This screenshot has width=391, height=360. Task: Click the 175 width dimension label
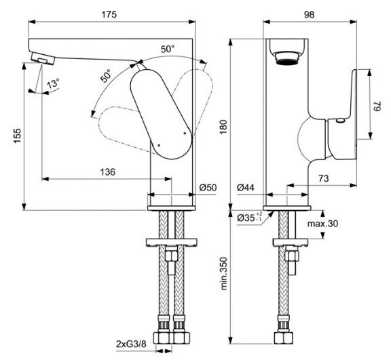point(109,14)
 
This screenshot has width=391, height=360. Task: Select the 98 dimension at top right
point(310,14)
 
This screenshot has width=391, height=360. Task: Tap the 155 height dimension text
point(18,136)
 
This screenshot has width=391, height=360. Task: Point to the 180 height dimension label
point(224,127)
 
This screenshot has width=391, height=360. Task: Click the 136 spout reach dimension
point(108,172)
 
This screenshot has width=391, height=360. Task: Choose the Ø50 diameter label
point(208,188)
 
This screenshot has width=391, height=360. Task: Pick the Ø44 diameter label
point(246,188)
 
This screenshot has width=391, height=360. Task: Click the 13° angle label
point(53,83)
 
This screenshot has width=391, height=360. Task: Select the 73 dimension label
point(323,178)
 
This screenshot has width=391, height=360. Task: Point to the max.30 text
point(322,224)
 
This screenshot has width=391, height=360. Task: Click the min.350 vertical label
point(224,273)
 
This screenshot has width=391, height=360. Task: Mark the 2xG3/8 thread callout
point(131,344)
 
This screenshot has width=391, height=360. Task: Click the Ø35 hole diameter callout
point(249,218)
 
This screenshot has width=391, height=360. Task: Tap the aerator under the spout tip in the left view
point(43,59)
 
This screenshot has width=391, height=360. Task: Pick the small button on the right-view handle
point(340,121)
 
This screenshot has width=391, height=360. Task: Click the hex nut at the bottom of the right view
point(284,338)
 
